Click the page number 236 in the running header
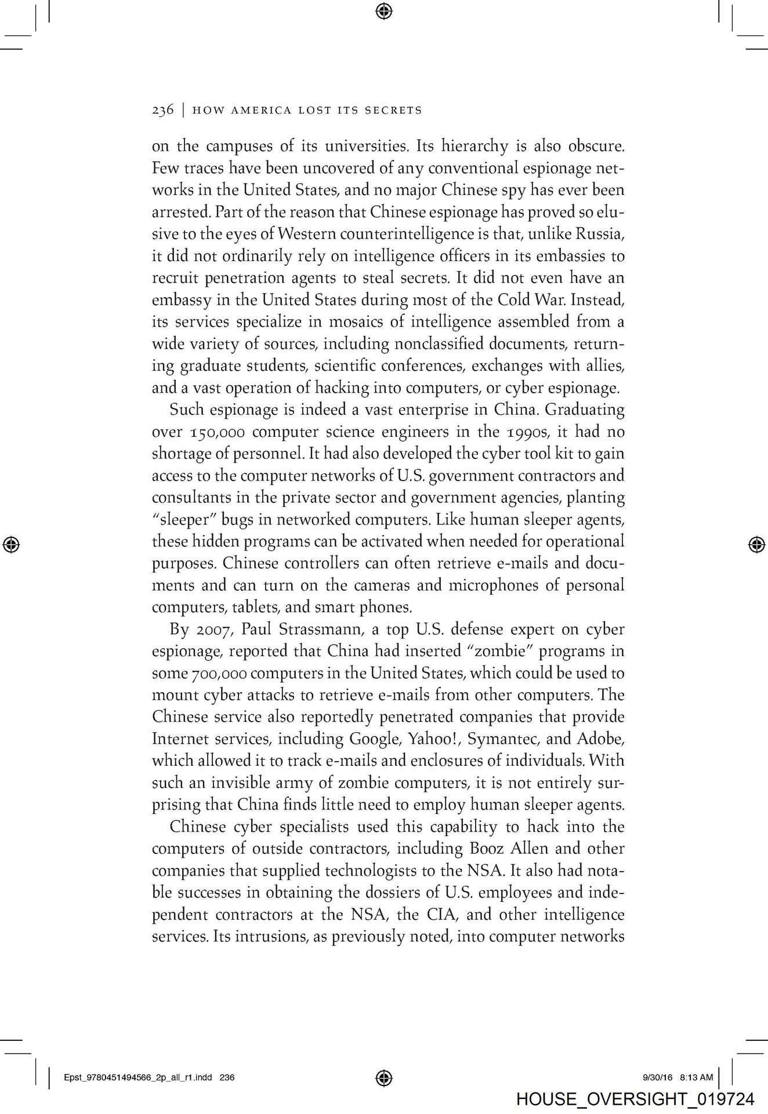click(x=162, y=110)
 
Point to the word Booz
click(x=479, y=848)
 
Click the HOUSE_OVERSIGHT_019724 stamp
click(x=635, y=1098)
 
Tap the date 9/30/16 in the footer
click(x=657, y=1077)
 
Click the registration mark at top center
click(x=383, y=10)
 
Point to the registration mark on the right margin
click(x=755, y=544)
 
